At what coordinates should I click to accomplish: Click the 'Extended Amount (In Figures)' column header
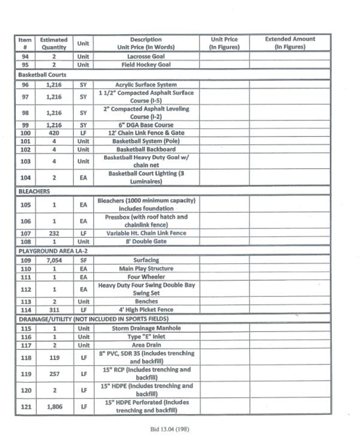(290, 43)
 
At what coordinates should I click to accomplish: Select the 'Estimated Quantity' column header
(54, 44)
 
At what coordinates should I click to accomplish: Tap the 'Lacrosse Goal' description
(146, 57)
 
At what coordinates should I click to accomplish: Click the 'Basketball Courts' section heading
(42, 75)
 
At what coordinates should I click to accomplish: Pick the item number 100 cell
(25, 133)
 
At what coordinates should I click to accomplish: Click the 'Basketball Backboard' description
(146, 149)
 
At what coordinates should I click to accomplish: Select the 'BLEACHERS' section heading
(34, 191)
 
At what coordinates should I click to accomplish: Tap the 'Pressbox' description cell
(146, 221)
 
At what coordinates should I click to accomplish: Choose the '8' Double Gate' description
(146, 241)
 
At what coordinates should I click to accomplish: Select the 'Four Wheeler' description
(146, 277)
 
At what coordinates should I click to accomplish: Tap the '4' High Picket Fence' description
(146, 310)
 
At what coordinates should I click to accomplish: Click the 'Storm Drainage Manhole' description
(146, 328)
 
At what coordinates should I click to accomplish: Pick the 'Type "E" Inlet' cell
(146, 337)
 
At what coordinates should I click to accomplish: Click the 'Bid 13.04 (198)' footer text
(170, 429)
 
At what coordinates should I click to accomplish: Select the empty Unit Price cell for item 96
(224, 85)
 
